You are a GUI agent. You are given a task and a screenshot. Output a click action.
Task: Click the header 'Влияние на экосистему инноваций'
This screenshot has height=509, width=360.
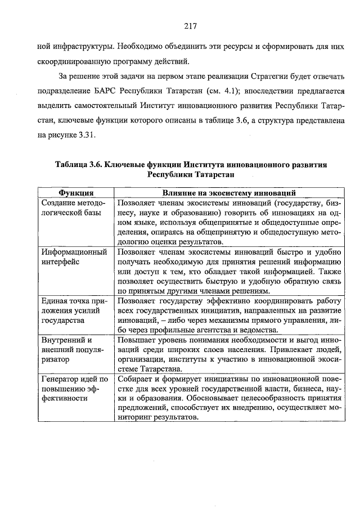[229, 193]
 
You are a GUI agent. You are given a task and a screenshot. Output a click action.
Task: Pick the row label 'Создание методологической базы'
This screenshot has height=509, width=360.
[72, 208]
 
